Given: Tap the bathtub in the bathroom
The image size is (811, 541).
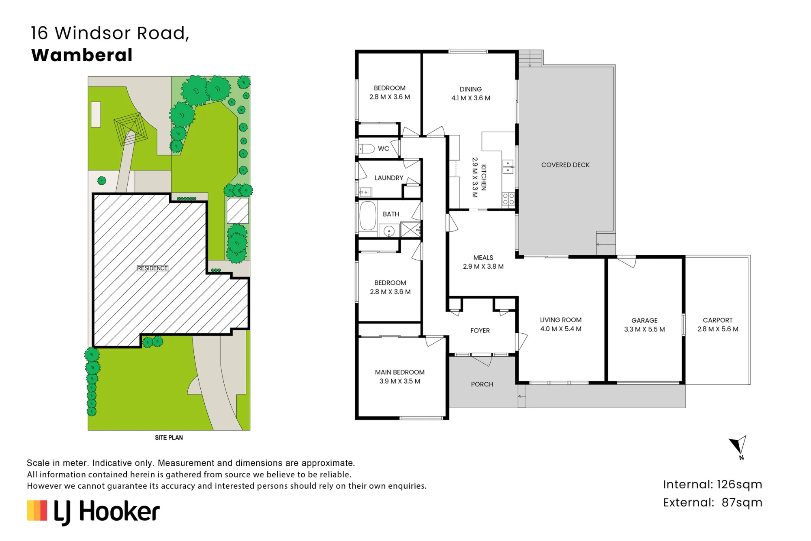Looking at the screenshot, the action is pyautogui.click(x=368, y=216).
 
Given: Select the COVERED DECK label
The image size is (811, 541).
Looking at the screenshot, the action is pyautogui.click(x=565, y=165).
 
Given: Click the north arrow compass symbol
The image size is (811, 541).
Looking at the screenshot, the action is pyautogui.click(x=739, y=446).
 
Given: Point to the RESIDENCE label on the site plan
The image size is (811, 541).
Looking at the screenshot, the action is pyautogui.click(x=152, y=268).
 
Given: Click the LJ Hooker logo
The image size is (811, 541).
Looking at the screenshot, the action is pyautogui.click(x=93, y=512).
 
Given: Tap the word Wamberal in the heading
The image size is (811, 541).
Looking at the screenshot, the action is pyautogui.click(x=82, y=55).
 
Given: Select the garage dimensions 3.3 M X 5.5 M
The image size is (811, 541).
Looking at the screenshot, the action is pyautogui.click(x=644, y=329).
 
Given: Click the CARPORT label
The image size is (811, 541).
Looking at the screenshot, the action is pyautogui.click(x=718, y=320).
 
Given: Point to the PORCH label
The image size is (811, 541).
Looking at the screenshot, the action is pyautogui.click(x=482, y=384).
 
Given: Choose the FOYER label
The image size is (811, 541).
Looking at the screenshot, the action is pyautogui.click(x=480, y=331).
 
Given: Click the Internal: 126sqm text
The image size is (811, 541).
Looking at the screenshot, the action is pyautogui.click(x=712, y=485).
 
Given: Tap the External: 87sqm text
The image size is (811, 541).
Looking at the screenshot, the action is pyautogui.click(x=712, y=503).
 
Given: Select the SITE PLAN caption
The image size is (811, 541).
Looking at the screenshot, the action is pyautogui.click(x=169, y=438).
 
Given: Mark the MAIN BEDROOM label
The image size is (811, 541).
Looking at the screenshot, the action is pyautogui.click(x=400, y=372).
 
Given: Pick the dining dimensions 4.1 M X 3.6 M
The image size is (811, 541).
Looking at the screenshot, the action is pyautogui.click(x=471, y=98).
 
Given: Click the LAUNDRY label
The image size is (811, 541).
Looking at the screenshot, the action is pyautogui.click(x=389, y=178).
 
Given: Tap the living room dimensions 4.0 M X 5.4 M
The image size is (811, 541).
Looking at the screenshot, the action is pyautogui.click(x=561, y=329).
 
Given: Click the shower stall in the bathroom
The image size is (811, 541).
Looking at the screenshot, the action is pyautogui.click(x=410, y=230).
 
